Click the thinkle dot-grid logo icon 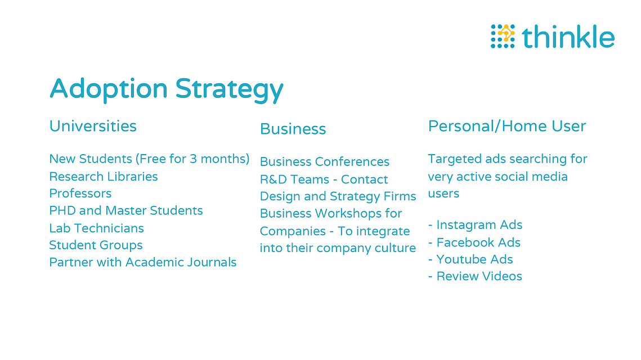[x=503, y=37]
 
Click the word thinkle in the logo [x=568, y=37]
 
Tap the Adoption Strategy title [x=167, y=89]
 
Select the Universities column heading [x=93, y=126]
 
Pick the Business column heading [x=293, y=129]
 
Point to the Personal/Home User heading [x=507, y=126]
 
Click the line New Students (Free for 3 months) [x=149, y=159]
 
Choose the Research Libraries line [x=104, y=176]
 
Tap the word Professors [x=80, y=193]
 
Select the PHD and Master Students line [x=126, y=210]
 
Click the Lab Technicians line [x=96, y=228]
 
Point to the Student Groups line [x=96, y=245]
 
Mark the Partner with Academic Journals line [x=143, y=262]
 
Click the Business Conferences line [x=325, y=161]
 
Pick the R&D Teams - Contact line [x=324, y=179]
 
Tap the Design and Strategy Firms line [x=338, y=196]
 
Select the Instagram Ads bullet [x=475, y=225]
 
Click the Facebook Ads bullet [x=474, y=242]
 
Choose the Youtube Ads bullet [x=470, y=259]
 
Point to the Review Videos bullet [x=475, y=276]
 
